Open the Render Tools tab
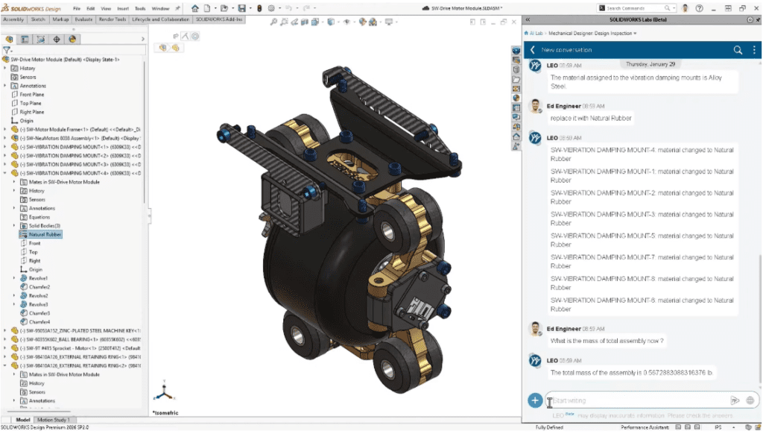[113, 20]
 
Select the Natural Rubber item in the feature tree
[45, 234]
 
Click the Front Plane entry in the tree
[31, 95]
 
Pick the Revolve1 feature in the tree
[39, 278]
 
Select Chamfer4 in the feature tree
[39, 321]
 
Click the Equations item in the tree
[39, 217]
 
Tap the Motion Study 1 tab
[54, 420]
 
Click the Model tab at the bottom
[22, 420]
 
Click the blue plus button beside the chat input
[534, 400]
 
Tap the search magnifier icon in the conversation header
[738, 50]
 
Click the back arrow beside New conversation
[533, 50]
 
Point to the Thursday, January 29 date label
[651, 64]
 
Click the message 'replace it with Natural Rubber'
[591, 118]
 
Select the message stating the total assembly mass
[631, 372]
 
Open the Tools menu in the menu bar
[119, 8]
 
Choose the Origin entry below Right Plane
[26, 120]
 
